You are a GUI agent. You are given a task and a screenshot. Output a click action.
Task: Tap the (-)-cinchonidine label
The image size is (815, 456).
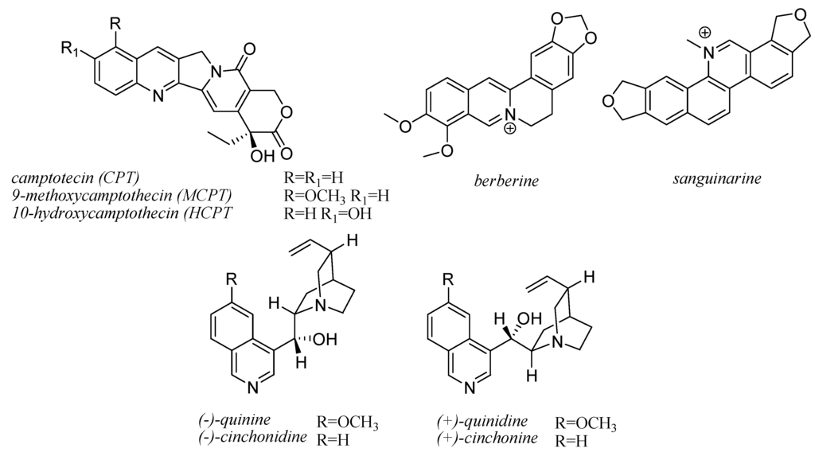253,438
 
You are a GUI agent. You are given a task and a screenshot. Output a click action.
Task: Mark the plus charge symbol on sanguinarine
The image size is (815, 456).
705,33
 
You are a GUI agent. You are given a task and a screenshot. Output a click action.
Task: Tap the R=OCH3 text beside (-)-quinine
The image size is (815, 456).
348,422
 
